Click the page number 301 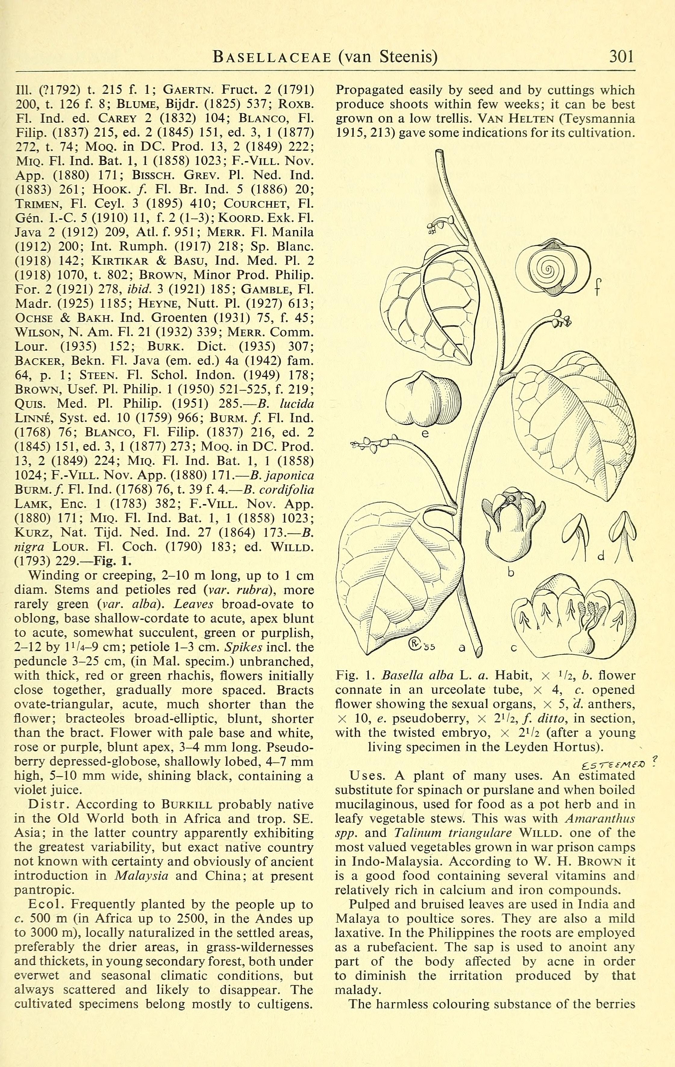(x=621, y=57)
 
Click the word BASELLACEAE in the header (x=272, y=57)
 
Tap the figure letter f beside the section (x=598, y=288)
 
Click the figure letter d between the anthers (x=601, y=556)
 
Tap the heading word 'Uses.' (x=368, y=775)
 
